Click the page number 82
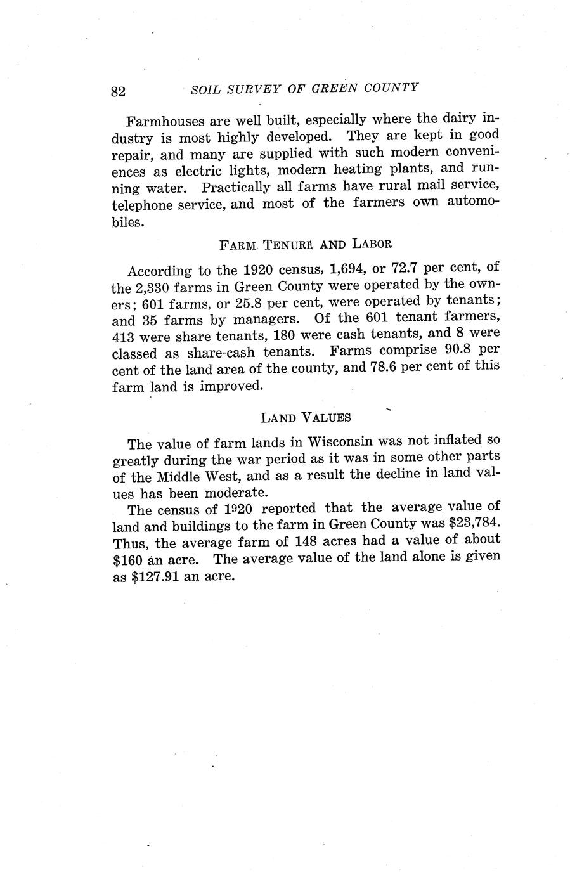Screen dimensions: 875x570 (x=119, y=91)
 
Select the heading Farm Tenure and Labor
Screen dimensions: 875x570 (x=305, y=243)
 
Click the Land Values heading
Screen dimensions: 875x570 (x=306, y=417)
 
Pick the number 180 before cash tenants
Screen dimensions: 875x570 (x=279, y=335)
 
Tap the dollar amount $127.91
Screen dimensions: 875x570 (x=155, y=577)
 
